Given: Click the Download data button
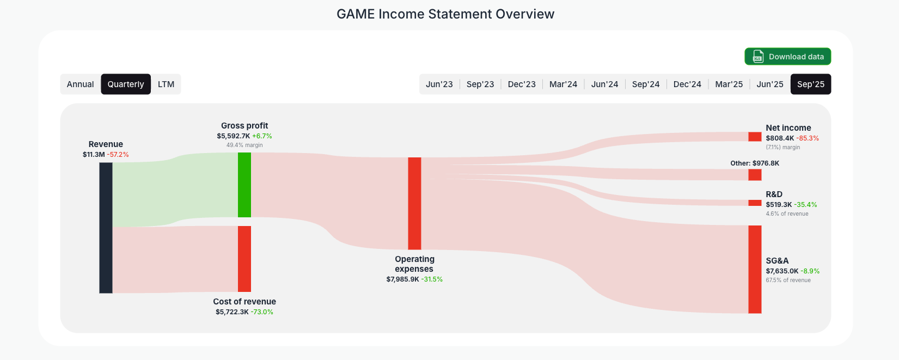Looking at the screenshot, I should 787,57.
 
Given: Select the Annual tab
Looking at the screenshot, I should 81,84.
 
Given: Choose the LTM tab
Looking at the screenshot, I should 166,84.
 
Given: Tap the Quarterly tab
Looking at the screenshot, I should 126,84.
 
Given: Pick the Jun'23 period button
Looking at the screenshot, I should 439,84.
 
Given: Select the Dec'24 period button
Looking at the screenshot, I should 687,84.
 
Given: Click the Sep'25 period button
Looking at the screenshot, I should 811,84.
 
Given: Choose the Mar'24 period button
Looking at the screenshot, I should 563,84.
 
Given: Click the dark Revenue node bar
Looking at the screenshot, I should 106,228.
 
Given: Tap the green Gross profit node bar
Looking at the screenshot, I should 244,185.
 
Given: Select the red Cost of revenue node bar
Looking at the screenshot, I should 244,259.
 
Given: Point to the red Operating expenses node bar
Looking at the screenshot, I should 414,203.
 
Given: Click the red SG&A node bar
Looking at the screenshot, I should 755,269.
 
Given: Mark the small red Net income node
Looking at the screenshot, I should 755,137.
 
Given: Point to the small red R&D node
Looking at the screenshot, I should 755,203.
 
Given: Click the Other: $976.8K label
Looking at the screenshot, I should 755,163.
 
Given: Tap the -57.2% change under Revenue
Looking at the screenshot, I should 118,155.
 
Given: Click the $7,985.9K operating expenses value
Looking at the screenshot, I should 403,279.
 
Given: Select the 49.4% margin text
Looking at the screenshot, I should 244,145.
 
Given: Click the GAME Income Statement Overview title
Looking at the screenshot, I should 445,14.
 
